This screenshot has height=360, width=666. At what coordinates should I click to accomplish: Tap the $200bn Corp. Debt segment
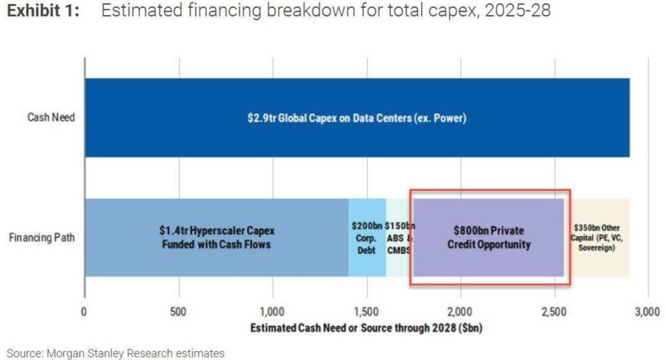click(x=367, y=237)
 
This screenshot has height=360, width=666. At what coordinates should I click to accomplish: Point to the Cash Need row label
click(x=51, y=117)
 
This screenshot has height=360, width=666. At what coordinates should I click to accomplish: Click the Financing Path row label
click(x=42, y=237)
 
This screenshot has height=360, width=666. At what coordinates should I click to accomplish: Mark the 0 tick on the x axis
click(x=84, y=311)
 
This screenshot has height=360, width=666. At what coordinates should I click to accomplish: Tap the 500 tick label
click(x=178, y=311)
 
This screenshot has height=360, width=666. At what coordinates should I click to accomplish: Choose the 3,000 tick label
click(x=647, y=311)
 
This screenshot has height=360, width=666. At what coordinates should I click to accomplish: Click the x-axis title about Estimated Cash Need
click(x=366, y=328)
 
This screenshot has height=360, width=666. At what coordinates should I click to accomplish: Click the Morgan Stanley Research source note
click(x=115, y=353)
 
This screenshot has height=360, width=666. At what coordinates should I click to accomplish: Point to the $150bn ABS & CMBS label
click(x=398, y=238)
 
